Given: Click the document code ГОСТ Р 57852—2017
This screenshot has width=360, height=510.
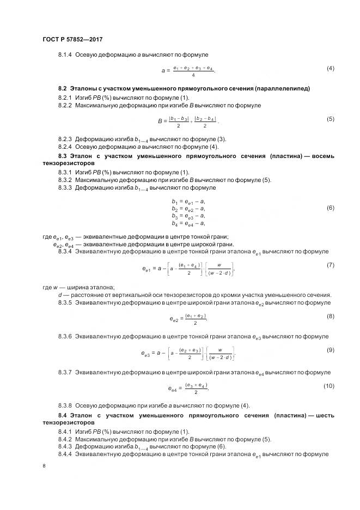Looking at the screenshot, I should pyautogui.click(x=72, y=40).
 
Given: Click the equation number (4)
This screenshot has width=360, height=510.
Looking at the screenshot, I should pyautogui.click(x=330, y=68).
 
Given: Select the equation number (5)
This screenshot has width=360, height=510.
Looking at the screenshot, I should pyautogui.click(x=330, y=118).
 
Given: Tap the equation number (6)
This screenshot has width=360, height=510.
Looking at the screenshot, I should pyautogui.click(x=330, y=208).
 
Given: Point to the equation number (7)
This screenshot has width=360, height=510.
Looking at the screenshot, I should pyautogui.click(x=330, y=264).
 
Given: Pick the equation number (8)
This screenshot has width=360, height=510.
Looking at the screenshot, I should pyautogui.click(x=330, y=316).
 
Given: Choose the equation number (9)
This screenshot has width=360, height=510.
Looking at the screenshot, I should pyautogui.click(x=330, y=350).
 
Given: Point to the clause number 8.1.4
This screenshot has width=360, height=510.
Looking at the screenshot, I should pyautogui.click(x=65, y=54).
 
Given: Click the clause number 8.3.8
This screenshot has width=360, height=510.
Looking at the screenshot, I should pyautogui.click(x=65, y=405).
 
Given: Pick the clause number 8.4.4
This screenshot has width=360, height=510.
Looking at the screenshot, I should pyautogui.click(x=65, y=454).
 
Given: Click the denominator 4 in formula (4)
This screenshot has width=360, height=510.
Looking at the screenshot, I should pyautogui.click(x=193, y=75).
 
